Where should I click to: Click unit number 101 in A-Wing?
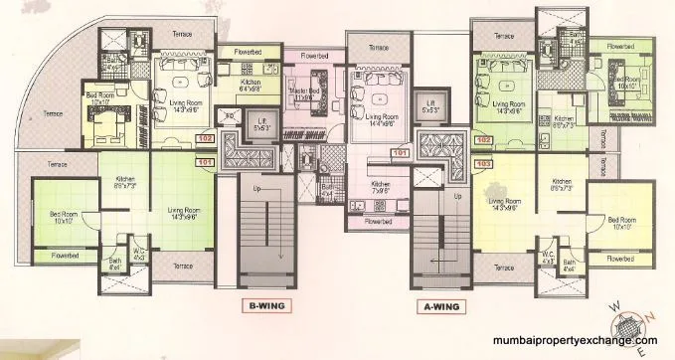[x=401, y=154]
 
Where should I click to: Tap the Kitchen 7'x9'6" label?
[x=382, y=186]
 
